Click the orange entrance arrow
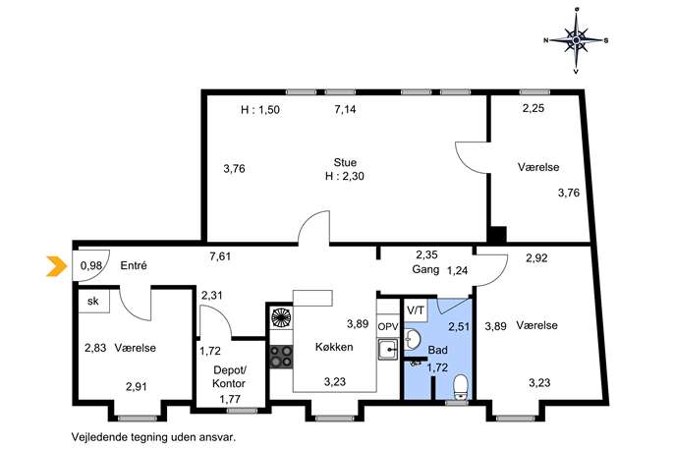point(57,266)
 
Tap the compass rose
point(576,40)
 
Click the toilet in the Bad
point(461,386)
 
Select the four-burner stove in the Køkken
point(281,357)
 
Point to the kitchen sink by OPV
point(388,349)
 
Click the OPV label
point(387,327)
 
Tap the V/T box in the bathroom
point(416,309)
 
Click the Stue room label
point(345,162)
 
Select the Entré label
point(134,265)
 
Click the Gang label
point(425,270)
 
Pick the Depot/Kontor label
point(230,376)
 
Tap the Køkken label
point(334,347)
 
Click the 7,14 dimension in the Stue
point(345,109)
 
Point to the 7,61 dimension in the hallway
point(220,256)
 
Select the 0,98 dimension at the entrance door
point(91,265)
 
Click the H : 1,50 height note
point(260,109)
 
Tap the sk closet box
point(93,301)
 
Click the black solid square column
point(498,235)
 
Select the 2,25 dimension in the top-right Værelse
point(534,108)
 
